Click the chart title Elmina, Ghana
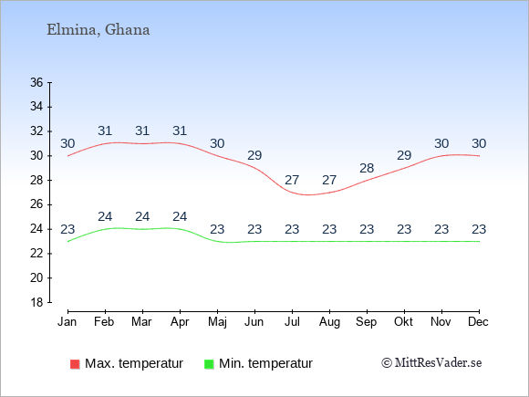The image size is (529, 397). click(x=99, y=30)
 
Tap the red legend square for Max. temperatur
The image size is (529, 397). click(x=75, y=364)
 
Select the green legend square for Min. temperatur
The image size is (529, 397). click(x=209, y=364)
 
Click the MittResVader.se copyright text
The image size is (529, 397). click(x=431, y=363)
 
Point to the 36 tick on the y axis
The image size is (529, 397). click(x=36, y=82)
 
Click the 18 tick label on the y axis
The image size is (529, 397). click(x=36, y=302)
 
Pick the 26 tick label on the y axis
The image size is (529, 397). click(x=36, y=204)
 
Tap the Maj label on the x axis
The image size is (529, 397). click(x=217, y=322)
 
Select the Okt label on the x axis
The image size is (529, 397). click(x=404, y=322)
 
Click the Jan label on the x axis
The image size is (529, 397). click(x=67, y=322)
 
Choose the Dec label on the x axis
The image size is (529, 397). click(x=479, y=322)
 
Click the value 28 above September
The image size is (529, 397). click(x=367, y=168)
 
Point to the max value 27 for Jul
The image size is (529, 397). click(x=292, y=181)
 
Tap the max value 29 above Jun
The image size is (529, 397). click(x=254, y=156)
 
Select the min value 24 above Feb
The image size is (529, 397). click(x=105, y=216)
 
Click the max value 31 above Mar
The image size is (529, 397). click(x=142, y=131)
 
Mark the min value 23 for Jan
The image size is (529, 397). click(x=67, y=230)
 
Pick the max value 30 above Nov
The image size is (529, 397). click(x=441, y=144)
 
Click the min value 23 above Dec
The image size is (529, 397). click(x=479, y=230)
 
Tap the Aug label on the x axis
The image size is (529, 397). click(x=329, y=322)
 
